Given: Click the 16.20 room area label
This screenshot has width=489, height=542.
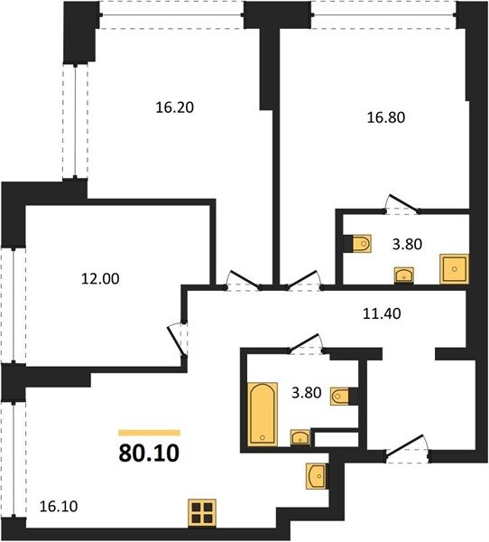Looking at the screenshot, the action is [x=175, y=107].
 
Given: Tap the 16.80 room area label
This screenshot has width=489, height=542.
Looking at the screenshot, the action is [x=386, y=117].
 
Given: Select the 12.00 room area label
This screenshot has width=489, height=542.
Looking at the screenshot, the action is [x=100, y=278].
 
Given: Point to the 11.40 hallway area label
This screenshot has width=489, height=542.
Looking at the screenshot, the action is [x=382, y=313].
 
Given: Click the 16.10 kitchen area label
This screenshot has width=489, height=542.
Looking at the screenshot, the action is [x=59, y=507].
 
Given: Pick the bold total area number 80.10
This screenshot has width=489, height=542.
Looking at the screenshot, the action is [x=149, y=453].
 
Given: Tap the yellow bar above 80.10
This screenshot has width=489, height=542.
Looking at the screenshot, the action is [x=149, y=433].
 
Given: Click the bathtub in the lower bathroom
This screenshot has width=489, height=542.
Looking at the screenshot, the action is [x=263, y=414].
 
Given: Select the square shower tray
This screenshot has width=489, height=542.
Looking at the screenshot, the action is [x=454, y=269].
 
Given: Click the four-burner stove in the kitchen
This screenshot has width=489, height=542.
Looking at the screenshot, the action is [x=202, y=513].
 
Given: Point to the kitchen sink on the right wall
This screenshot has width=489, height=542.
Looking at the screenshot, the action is [x=316, y=476].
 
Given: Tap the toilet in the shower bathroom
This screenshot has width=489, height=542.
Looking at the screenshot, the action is [x=362, y=244].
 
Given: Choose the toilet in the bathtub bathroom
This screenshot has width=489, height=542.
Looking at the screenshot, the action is [x=340, y=396].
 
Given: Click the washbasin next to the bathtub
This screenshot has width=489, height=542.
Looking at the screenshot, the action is [x=300, y=437].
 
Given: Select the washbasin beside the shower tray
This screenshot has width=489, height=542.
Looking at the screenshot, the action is [x=404, y=276].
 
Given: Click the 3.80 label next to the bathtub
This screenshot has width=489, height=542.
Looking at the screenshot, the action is [x=307, y=393].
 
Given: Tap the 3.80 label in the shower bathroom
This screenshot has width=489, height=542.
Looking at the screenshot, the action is [x=407, y=245].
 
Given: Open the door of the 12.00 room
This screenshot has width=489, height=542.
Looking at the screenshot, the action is [x=175, y=341].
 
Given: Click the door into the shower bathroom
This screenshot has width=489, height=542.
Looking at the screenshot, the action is [x=403, y=204].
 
